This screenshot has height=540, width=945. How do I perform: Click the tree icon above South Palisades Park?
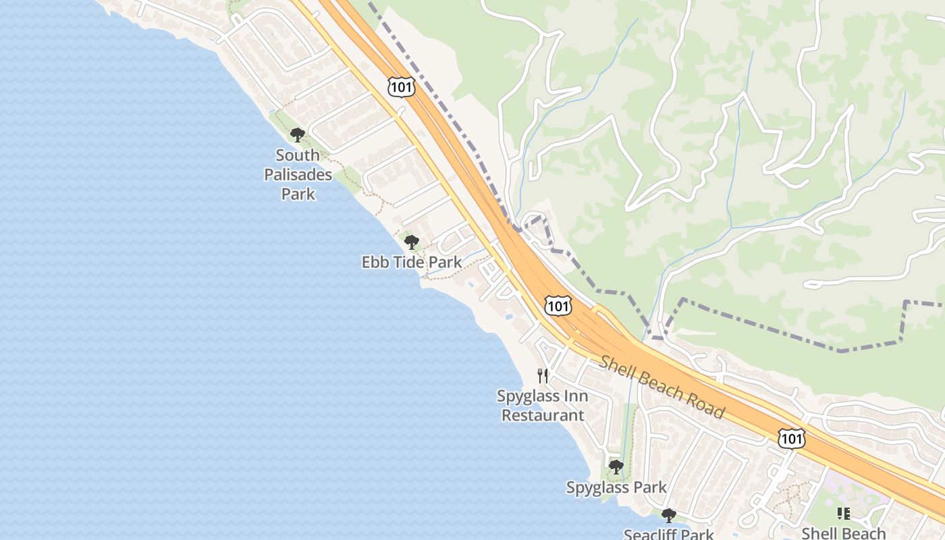298,135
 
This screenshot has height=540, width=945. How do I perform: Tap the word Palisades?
298,175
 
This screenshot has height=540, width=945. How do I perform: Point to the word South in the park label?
298,155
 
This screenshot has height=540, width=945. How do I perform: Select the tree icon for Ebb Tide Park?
411,242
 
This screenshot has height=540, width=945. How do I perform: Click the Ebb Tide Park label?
412,262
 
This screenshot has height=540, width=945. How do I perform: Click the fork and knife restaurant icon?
543,375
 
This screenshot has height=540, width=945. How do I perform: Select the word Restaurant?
543,415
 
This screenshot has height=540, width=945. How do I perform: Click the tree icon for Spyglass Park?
616,466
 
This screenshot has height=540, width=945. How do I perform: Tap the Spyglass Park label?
616,487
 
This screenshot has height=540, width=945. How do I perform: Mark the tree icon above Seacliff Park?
669,516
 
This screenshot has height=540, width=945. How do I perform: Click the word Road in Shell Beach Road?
707,404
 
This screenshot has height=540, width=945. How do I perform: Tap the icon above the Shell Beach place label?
843,514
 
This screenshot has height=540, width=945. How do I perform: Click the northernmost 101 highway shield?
401,86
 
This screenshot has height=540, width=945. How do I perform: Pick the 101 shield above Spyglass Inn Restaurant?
558,306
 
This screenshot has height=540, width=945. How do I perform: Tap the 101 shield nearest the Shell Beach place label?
791,439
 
